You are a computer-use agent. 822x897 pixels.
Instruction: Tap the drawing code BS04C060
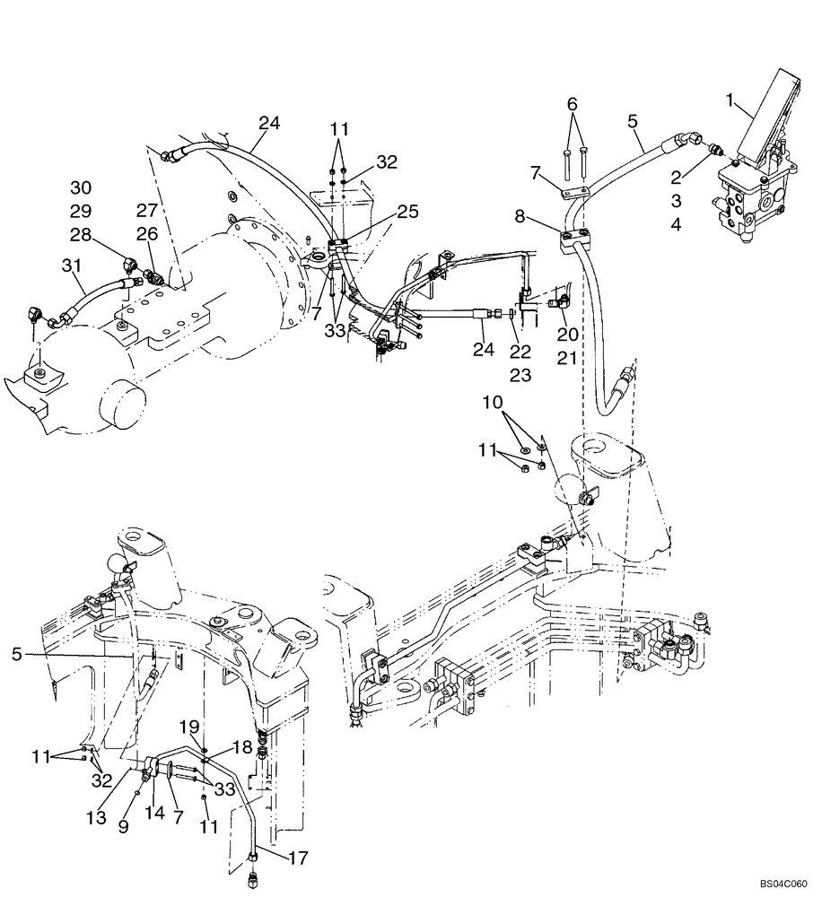783,884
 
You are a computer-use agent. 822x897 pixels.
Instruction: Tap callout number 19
189,726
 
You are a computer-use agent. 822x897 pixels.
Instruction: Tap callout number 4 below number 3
676,226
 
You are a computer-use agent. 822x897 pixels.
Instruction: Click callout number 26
146,236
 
